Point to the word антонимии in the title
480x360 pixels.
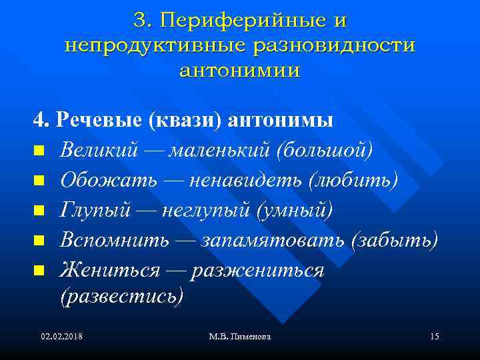(x=240, y=70)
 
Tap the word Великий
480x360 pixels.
(x=99, y=151)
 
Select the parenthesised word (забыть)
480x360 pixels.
(x=394, y=241)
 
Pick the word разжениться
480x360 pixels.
(x=257, y=270)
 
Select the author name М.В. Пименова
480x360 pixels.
(x=239, y=336)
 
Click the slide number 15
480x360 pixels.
(x=435, y=336)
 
